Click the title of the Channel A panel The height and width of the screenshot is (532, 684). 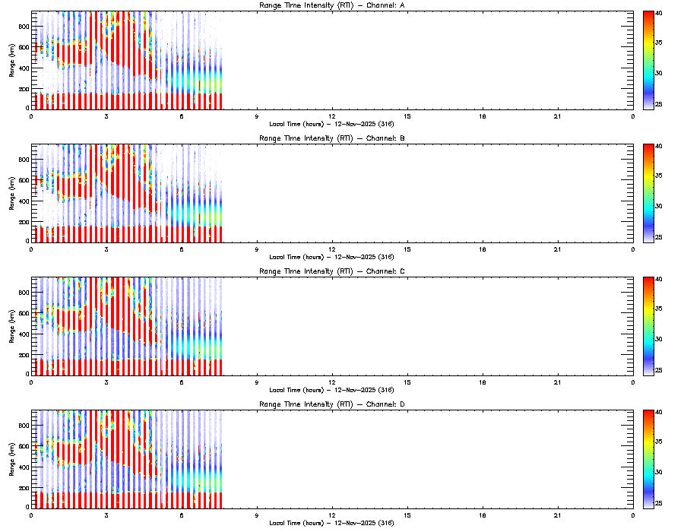331,6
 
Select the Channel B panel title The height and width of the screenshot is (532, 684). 331,139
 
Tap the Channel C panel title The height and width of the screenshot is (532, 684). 331,271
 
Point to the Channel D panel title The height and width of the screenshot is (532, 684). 331,404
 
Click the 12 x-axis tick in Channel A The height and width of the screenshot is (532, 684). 332,116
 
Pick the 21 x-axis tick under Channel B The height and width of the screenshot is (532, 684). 558,249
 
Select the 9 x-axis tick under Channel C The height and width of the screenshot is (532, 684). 257,382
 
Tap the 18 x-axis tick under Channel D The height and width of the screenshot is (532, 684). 483,515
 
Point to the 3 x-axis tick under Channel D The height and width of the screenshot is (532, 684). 106,515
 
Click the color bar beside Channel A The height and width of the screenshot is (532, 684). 649,61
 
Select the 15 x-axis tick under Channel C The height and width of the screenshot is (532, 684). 407,382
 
